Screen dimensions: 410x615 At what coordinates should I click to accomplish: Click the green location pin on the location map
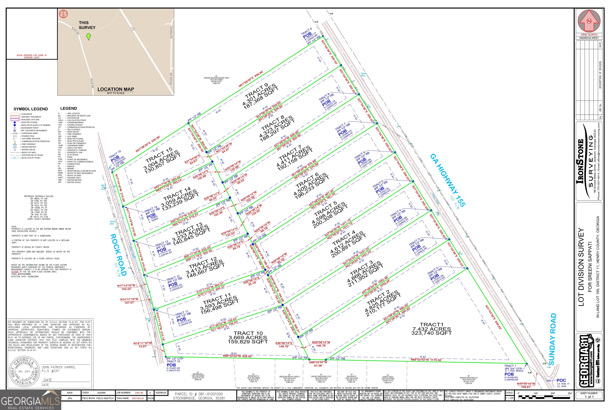tap(89, 36)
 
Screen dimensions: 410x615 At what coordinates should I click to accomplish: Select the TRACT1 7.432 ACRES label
tap(431, 329)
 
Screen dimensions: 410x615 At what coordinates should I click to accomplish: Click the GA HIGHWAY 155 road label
tap(448, 180)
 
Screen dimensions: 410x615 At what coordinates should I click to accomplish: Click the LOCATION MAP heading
tap(116, 89)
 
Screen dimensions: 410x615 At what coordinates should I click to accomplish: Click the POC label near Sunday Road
tap(561, 380)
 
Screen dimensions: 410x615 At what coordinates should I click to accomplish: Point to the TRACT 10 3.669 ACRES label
tap(248, 337)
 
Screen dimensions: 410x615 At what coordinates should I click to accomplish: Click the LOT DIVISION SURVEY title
tap(581, 267)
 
